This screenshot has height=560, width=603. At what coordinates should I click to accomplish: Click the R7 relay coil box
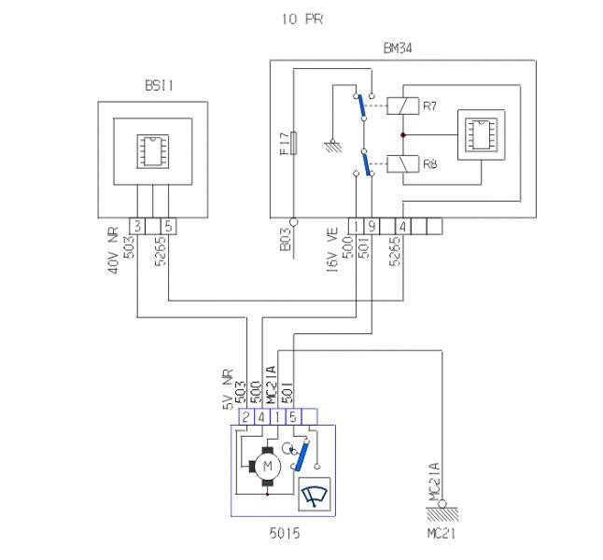402,106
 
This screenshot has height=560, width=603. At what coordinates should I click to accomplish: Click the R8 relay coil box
402,164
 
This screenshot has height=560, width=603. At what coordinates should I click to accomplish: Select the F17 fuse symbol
293,143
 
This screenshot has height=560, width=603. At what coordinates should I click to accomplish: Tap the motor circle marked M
268,467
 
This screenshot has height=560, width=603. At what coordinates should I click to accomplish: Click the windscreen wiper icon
315,495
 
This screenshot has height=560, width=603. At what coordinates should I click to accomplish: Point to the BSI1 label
159,85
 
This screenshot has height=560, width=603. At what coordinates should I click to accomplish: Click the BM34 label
398,49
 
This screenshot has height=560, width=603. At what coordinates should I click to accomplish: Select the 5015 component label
285,533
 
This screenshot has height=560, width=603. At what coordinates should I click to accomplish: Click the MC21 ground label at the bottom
442,534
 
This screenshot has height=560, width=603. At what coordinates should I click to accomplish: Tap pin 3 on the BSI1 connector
137,226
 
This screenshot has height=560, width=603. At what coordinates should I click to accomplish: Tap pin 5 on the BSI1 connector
169,226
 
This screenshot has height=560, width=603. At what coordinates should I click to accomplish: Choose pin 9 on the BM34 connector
372,226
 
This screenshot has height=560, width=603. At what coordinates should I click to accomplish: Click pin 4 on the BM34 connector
403,226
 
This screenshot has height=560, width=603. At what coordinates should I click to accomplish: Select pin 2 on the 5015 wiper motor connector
246,416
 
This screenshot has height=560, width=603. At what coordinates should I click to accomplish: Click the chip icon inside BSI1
153,151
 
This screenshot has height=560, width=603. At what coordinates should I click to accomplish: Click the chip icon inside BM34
481,134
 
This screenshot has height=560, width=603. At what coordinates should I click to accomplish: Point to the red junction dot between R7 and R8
403,135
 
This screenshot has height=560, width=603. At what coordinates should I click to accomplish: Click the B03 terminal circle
293,222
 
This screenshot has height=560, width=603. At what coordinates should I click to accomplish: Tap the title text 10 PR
302,19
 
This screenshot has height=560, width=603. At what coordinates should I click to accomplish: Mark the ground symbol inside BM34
333,146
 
